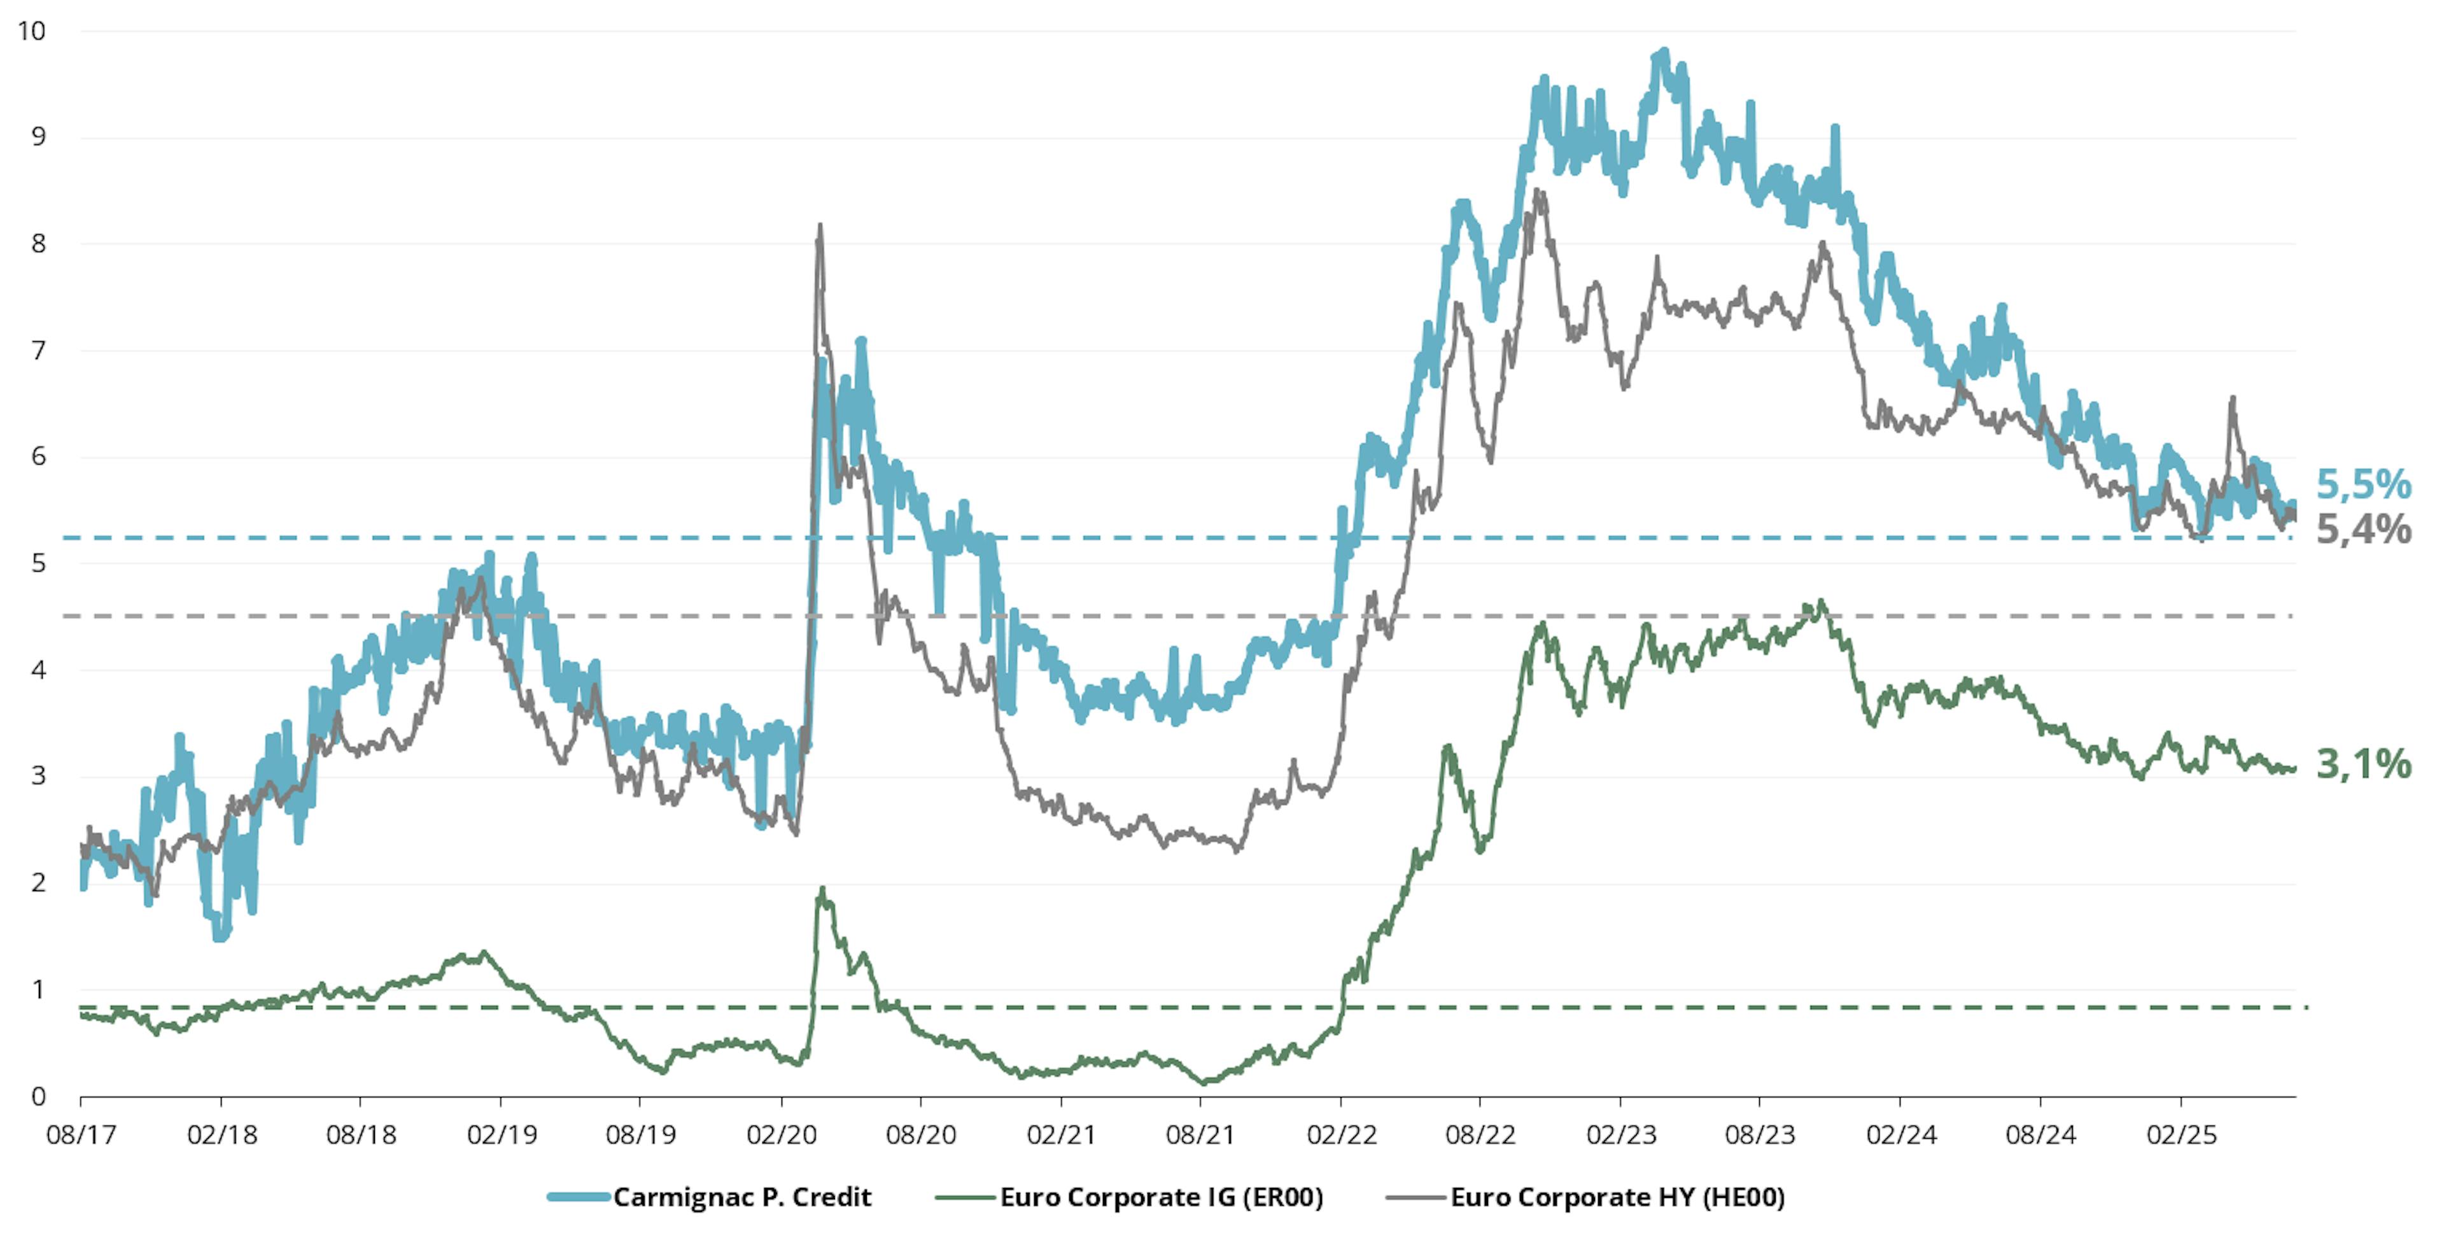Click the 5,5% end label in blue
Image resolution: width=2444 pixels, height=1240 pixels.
point(2363,485)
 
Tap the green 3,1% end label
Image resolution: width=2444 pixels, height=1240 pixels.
point(2363,764)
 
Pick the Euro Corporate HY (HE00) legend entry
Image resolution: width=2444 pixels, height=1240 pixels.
point(1617,1197)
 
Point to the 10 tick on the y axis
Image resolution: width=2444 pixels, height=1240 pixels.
point(31,31)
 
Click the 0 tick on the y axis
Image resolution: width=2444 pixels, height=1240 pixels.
point(38,1097)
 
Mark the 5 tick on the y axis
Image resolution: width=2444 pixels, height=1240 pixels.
point(38,563)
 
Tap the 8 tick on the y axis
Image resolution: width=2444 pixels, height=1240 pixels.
point(38,244)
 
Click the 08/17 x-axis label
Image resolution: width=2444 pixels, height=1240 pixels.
point(81,1135)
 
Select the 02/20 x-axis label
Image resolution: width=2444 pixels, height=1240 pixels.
point(781,1135)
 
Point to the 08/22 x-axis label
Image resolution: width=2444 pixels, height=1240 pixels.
point(1480,1135)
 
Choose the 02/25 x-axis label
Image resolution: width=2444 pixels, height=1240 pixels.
point(2181,1135)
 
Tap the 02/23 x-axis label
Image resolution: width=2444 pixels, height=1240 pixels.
point(1620,1135)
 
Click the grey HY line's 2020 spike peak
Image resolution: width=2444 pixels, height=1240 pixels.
point(820,226)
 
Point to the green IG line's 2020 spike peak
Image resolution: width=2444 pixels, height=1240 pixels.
point(822,889)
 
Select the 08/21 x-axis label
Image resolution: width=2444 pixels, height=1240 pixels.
point(1200,1135)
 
